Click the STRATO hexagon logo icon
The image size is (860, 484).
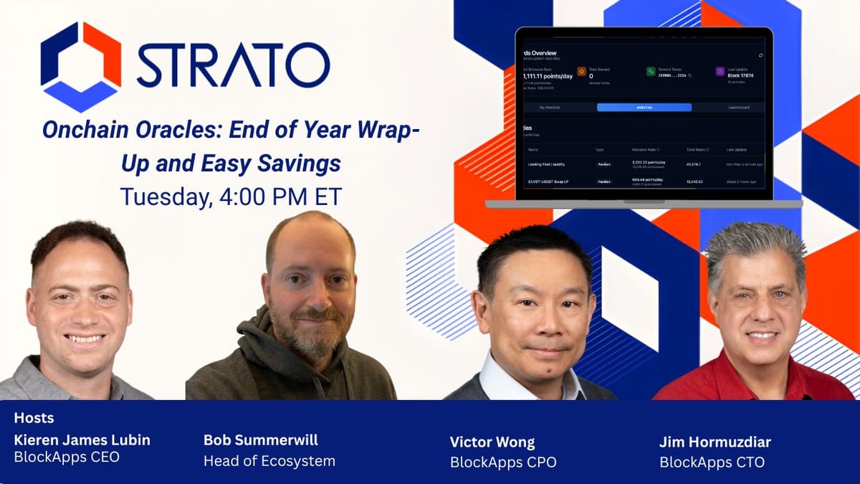(x=81, y=66)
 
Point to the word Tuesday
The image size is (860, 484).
(x=163, y=196)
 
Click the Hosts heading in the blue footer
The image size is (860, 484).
(x=34, y=417)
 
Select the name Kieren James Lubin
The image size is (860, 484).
(x=82, y=439)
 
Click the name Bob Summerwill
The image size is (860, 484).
(x=261, y=439)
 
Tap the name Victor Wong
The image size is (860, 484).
(x=492, y=441)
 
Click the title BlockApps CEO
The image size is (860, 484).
(x=67, y=457)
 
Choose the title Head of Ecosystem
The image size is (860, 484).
(x=269, y=460)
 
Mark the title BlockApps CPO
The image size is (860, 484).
(x=502, y=462)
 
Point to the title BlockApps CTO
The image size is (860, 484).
(x=712, y=462)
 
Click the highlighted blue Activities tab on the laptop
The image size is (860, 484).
(x=644, y=107)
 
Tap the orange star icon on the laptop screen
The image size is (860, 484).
(x=581, y=71)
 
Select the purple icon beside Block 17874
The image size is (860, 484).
(x=720, y=71)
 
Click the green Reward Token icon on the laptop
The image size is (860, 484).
(x=651, y=71)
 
